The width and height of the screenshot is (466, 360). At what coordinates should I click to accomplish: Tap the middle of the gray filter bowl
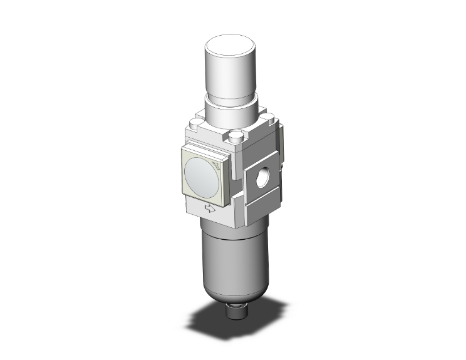(x=227, y=257)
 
